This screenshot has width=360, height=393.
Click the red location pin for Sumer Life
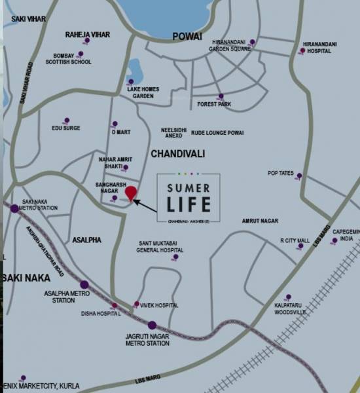[x=131, y=194]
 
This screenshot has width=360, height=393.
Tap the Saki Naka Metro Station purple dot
[x=14, y=208]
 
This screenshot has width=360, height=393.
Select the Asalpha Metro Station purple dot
[x=84, y=284]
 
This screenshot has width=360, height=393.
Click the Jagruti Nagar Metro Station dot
[x=152, y=324]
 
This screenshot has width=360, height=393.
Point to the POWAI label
[x=187, y=37]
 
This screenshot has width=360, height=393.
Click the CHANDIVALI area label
[x=178, y=153]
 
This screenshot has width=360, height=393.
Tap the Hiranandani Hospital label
[x=319, y=47]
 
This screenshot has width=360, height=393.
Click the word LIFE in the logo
[x=189, y=204]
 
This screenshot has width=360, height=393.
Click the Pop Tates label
[x=281, y=173]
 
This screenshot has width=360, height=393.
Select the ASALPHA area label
[x=87, y=240]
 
